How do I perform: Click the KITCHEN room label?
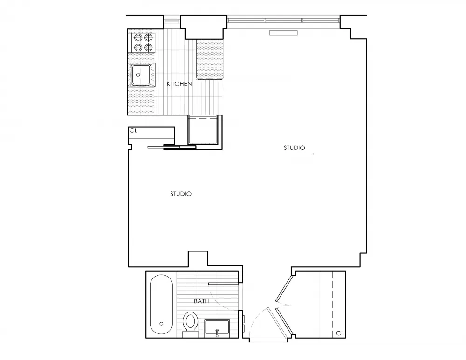pyautogui.click(x=179, y=84)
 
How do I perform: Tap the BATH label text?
pyautogui.click(x=201, y=301)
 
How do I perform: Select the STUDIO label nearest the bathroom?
pyautogui.click(x=181, y=194)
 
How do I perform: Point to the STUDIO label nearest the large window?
pyautogui.click(x=295, y=148)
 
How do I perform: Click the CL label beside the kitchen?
pyautogui.click(x=134, y=131)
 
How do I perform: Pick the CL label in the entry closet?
pyautogui.click(x=340, y=333)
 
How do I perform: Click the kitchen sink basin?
pyautogui.click(x=141, y=74)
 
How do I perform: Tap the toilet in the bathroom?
pyautogui.click(x=190, y=322)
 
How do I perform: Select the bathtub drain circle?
pyautogui.click(x=161, y=323)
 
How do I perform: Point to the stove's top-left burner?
pyautogui.click(x=138, y=38)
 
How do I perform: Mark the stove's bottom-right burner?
pyautogui.click(x=148, y=48)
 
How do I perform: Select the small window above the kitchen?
pyautogui.click(x=171, y=20)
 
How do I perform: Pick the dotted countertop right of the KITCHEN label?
pyautogui.click(x=211, y=60)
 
